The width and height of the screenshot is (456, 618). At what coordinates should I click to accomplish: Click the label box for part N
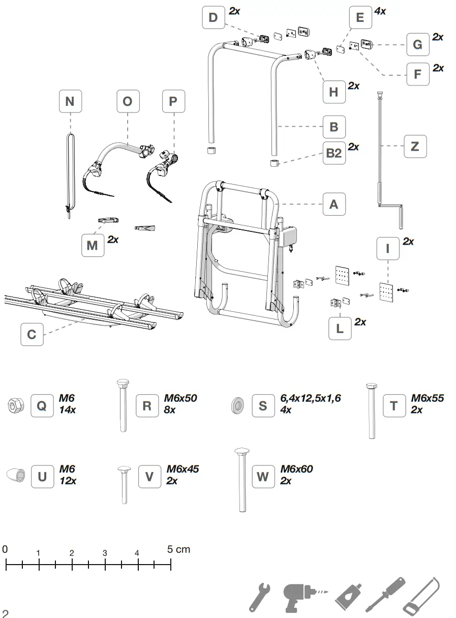coord(70,101)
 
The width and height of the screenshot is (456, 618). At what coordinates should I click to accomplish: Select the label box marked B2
coord(334,153)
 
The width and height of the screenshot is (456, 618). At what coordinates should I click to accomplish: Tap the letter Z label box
coord(415,146)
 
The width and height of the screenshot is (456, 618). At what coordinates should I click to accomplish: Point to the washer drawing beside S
coord(237,405)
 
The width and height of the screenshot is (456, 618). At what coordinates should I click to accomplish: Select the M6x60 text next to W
coord(296,469)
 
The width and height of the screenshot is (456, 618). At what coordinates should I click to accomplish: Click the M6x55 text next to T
coord(428,398)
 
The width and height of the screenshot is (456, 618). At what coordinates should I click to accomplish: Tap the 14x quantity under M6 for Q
coord(67,410)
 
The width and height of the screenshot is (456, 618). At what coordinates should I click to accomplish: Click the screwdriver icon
coord(385,595)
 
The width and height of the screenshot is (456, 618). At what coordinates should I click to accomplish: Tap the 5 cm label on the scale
coord(178,549)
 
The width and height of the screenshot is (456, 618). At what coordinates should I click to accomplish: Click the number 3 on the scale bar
coord(105,553)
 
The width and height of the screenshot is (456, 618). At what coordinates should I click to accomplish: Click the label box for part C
coord(32,335)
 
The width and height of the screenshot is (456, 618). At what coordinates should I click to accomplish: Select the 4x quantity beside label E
coord(380,11)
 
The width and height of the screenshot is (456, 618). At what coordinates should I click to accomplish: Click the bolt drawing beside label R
coord(123,405)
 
